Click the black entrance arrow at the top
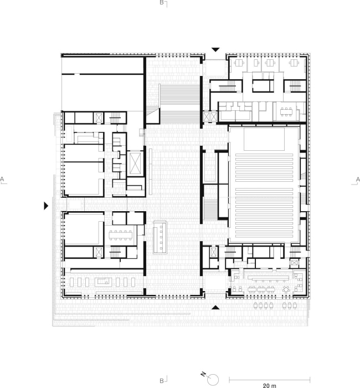pyautogui.click(x=215, y=49)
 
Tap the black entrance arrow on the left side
pyautogui.click(x=46, y=206)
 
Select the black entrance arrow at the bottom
pyautogui.click(x=215, y=308)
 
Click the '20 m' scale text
pyautogui.click(x=270, y=386)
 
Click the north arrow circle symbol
pyautogui.click(x=213, y=380)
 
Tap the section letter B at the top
pyautogui.click(x=162, y=2)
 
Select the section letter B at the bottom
pyautogui.click(x=162, y=381)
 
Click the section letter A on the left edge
pyautogui.click(x=2, y=179)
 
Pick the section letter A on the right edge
pyautogui.click(x=358, y=180)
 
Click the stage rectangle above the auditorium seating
pyautogui.click(x=264, y=139)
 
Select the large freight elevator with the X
pyautogui.click(x=135, y=164)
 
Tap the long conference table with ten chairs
pyautogui.click(x=120, y=236)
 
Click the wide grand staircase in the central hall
pyautogui.click(x=179, y=104)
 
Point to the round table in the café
pyautogui.click(x=286, y=289)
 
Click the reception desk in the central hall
pyautogui.click(x=160, y=237)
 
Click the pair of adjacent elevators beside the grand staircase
pyautogui.click(x=210, y=116)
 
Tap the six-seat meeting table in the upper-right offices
pyautogui.click(x=286, y=111)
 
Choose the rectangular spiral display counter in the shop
pyautogui.click(x=103, y=282)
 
